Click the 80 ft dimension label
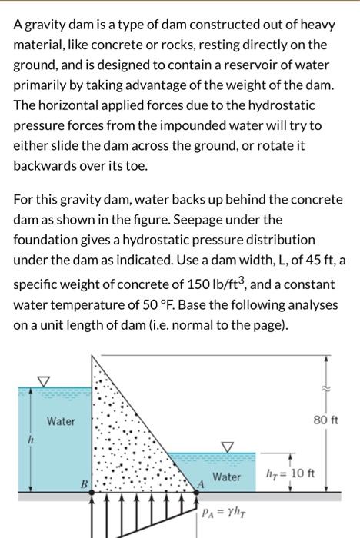[327, 420]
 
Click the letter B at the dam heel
[84, 485]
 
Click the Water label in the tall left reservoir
[61, 421]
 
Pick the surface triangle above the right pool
[228, 445]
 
